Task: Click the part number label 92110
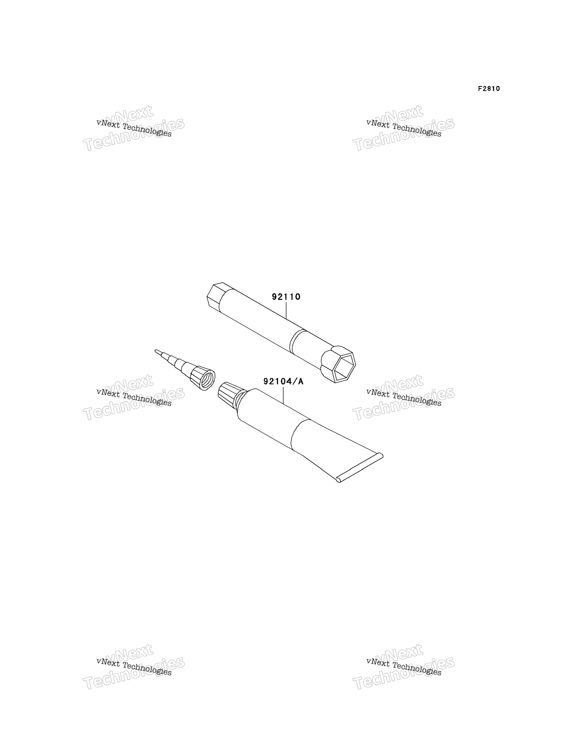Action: pyautogui.click(x=286, y=297)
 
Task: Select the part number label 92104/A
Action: pyautogui.click(x=283, y=381)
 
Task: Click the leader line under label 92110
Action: pyautogui.click(x=286, y=311)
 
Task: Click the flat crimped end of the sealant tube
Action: pyautogui.click(x=360, y=468)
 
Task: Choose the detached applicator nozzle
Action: pyautogui.click(x=185, y=370)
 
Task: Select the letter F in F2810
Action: pyautogui.click(x=480, y=89)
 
